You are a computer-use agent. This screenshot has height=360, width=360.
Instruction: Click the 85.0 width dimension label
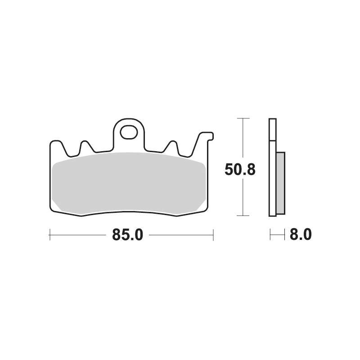pyautogui.click(x=128, y=235)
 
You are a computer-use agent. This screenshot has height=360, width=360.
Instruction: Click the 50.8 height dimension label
pyautogui.click(x=240, y=170)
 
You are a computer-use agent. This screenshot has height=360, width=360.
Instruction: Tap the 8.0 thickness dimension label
pyautogui.click(x=301, y=234)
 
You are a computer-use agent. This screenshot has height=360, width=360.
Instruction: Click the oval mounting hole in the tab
pyautogui.click(x=129, y=132)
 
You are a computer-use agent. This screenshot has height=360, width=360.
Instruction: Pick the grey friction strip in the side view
pyautogui.click(x=280, y=183)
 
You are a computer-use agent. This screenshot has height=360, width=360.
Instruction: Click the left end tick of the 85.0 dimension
pyautogui.click(x=50, y=234)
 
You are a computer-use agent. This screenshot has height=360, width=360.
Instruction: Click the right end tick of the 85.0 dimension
pyautogui.click(x=213, y=234)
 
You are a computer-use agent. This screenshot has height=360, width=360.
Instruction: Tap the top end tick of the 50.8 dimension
pyautogui.click(x=243, y=118)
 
